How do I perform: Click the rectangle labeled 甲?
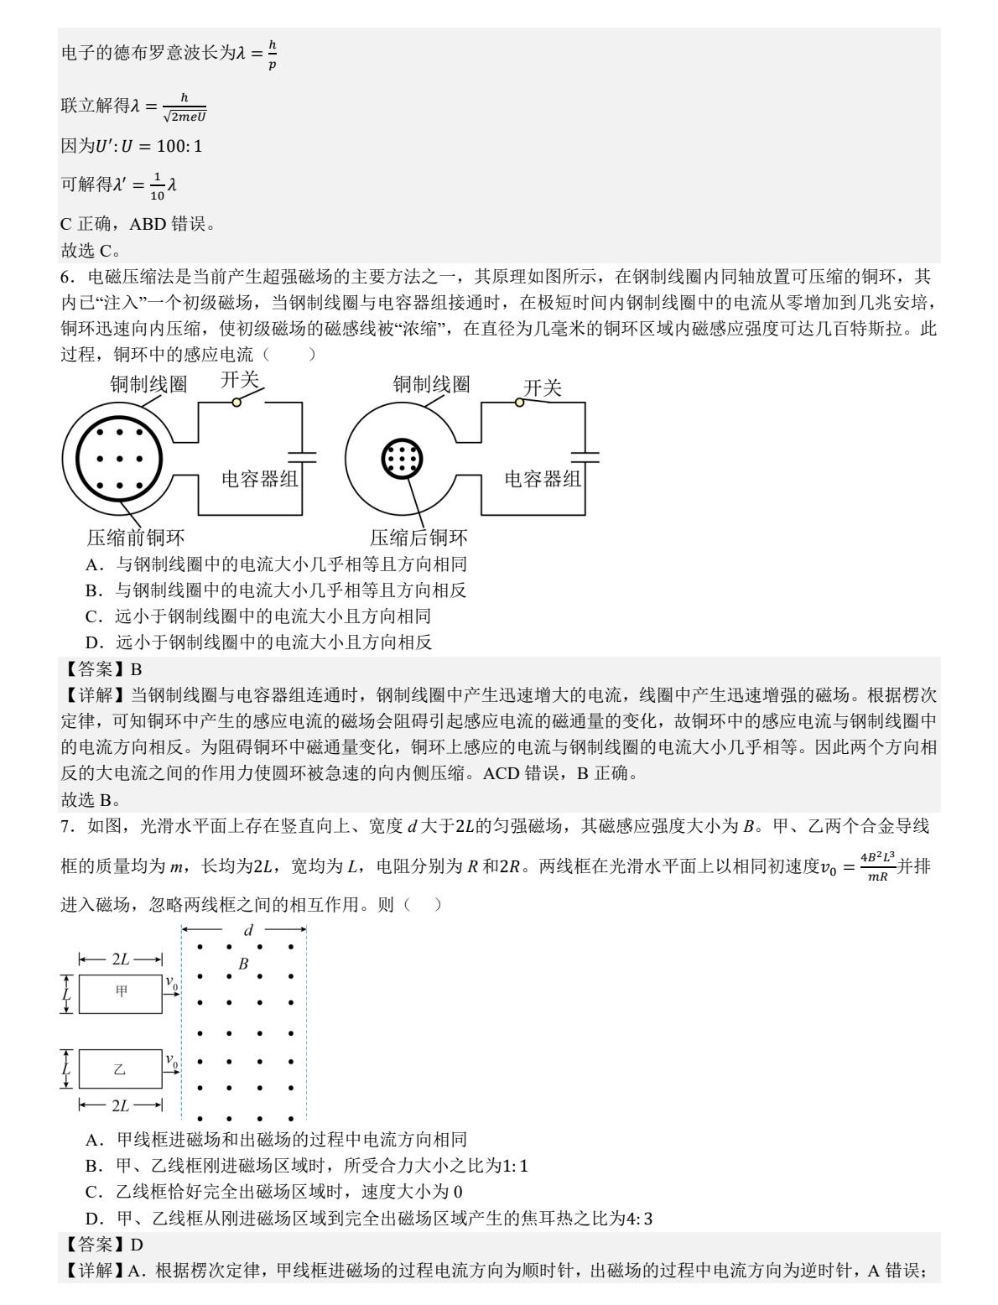pos(120,994)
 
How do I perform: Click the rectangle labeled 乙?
pos(120,1069)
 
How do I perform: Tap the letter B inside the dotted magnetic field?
pos(243,964)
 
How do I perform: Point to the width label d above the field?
pos(248,929)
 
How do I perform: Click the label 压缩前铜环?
pos(136,538)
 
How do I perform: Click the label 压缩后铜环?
pos(419,538)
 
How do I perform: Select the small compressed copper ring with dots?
pos(402,460)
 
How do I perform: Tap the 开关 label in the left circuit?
pos(240,380)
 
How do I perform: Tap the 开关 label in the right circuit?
pos(542,387)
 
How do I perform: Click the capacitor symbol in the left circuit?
pos(302,457)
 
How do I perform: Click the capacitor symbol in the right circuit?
pos(585,457)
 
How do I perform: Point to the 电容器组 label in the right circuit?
pos(543,479)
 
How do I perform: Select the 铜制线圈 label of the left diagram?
pos(149,384)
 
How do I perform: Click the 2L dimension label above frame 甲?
pos(121,959)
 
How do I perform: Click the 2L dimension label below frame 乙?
pos(121,1105)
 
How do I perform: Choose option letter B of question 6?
pos(93,590)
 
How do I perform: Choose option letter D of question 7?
pos(93,1218)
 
